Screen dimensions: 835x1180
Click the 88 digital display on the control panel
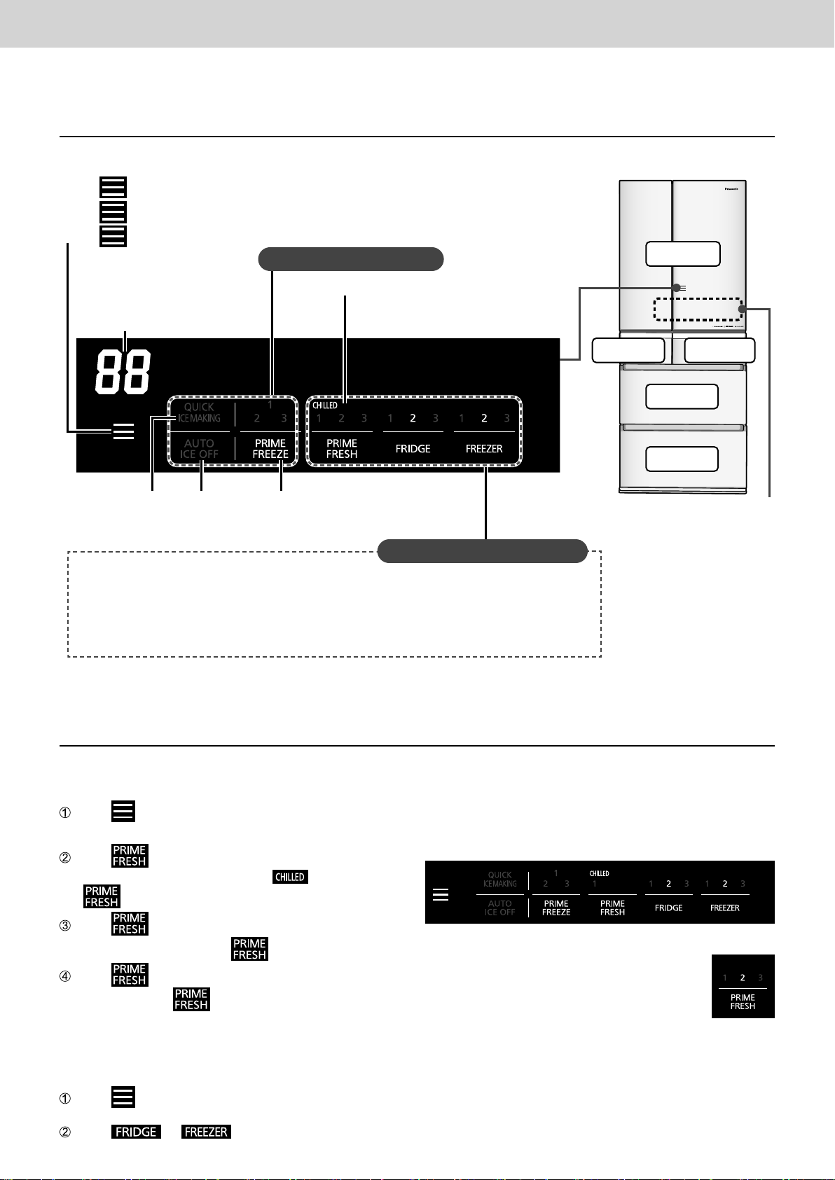click(x=123, y=370)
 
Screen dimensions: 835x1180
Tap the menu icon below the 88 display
click(x=123, y=432)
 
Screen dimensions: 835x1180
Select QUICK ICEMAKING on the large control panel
click(x=200, y=412)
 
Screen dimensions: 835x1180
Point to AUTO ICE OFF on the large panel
click(x=200, y=448)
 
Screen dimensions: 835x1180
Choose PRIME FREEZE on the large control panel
click(x=270, y=448)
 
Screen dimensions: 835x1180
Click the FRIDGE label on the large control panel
click(x=413, y=449)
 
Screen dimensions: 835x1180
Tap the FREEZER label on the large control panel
click(x=484, y=449)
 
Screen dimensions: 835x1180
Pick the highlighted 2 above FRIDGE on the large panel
click(x=413, y=419)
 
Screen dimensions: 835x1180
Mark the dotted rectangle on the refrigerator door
click(x=697, y=308)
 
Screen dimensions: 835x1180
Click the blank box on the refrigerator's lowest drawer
click(x=682, y=459)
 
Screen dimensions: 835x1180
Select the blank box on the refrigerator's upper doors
click(x=683, y=254)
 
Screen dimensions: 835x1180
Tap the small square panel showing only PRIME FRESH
click(x=743, y=986)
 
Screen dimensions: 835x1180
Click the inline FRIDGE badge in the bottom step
click(x=136, y=1132)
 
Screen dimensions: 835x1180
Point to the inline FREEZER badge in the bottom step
click(x=206, y=1132)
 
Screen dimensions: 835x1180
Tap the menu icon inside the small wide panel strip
click(x=441, y=895)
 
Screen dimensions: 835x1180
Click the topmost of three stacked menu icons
click(x=113, y=188)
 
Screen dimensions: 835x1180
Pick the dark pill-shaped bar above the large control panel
click(x=351, y=259)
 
